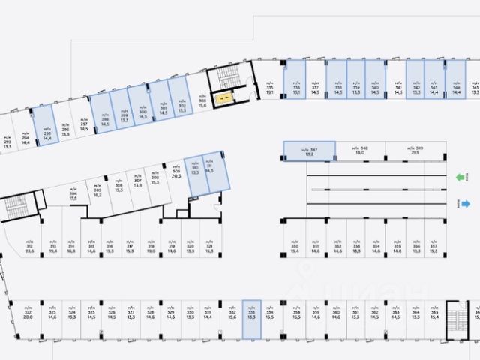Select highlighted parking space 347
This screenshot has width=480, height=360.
click(309, 151)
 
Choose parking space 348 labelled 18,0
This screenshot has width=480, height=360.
click(359, 151)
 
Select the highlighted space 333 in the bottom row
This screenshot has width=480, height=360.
click(251, 315)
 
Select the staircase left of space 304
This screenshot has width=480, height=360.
click(16, 208)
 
